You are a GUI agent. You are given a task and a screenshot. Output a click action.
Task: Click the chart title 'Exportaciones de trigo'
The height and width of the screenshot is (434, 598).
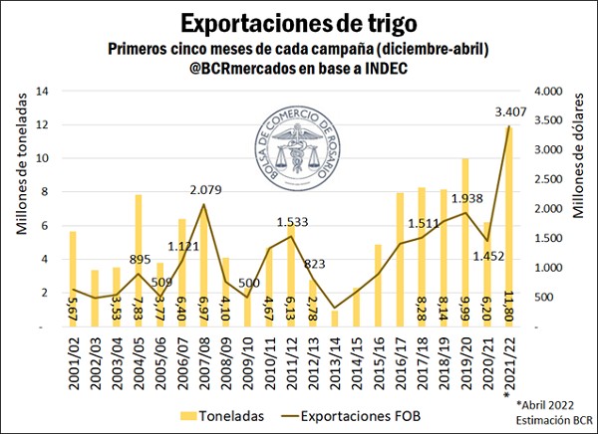(x=298, y=21)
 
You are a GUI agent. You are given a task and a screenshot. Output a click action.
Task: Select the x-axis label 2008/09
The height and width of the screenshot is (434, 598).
(x=226, y=358)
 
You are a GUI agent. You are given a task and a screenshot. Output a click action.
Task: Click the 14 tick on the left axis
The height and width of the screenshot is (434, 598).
(x=43, y=91)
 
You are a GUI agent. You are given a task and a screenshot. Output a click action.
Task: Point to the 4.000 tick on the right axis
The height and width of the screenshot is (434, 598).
(x=552, y=91)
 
